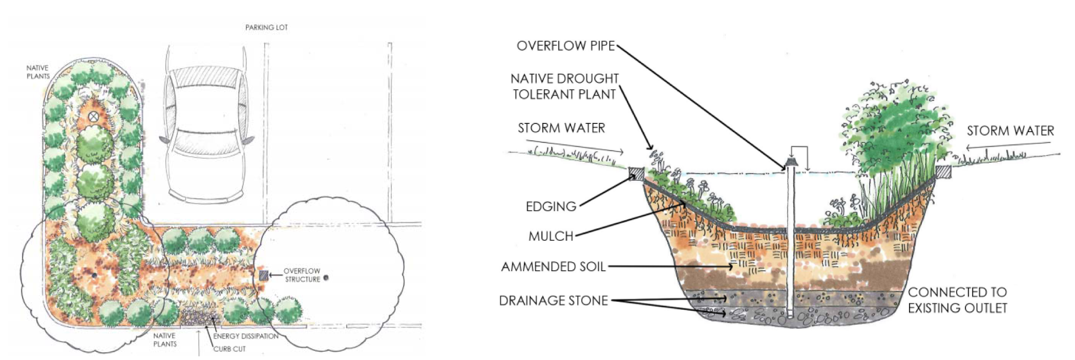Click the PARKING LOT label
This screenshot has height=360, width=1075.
266,27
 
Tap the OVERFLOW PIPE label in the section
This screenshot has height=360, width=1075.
565,46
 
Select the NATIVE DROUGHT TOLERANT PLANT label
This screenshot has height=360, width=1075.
564,87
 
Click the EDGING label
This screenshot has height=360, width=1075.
551,206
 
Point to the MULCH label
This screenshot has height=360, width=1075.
551,236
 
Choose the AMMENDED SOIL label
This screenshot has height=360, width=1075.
553,267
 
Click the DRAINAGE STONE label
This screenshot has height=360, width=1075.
553,301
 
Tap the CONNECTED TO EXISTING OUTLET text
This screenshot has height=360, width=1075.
957,300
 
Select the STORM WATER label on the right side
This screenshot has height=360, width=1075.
1010,131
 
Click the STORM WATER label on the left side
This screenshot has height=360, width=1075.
561,128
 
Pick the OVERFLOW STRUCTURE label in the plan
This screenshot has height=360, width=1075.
302,275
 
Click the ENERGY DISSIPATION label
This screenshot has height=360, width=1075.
245,336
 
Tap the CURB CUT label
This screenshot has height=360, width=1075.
229,349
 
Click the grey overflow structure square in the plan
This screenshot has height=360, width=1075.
263,275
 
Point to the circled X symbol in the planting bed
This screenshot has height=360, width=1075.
93,117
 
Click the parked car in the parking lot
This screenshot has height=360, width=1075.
206,123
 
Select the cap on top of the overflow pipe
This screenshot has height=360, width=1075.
790,163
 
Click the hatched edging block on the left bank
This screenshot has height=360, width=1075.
636,174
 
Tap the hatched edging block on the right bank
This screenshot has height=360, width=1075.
943,172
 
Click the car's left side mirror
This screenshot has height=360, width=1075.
164,139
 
